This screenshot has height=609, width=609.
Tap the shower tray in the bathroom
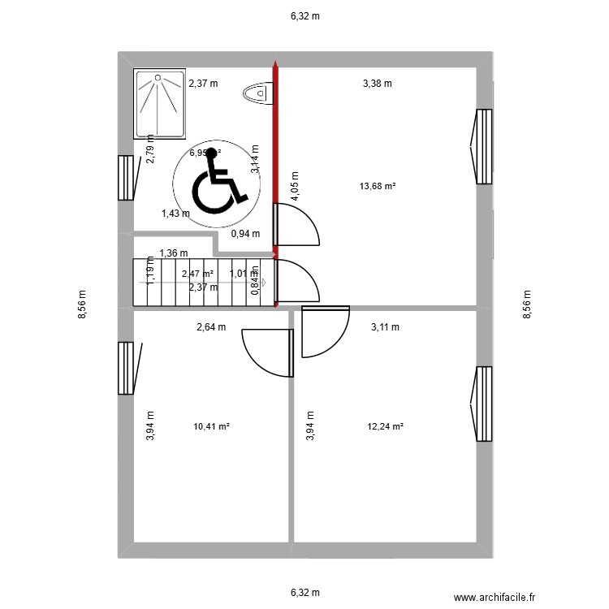pyautogui.click(x=158, y=103)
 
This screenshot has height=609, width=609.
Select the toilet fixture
pyautogui.click(x=256, y=94)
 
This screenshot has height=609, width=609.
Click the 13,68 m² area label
pyautogui.click(x=377, y=186)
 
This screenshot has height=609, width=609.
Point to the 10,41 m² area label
pyautogui.click(x=212, y=425)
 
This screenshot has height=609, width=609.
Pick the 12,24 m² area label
pyautogui.click(x=386, y=425)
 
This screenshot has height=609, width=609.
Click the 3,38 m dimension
pyautogui.click(x=377, y=83)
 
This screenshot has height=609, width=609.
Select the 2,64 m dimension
pyautogui.click(x=211, y=327)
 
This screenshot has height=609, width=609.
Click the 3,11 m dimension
pyautogui.click(x=385, y=327)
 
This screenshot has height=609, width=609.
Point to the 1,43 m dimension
pyautogui.click(x=175, y=214)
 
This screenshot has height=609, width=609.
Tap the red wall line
pyautogui.click(x=276, y=162)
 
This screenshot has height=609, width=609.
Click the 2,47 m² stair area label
pyautogui.click(x=197, y=274)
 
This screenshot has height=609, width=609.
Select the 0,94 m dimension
pyautogui.click(x=245, y=234)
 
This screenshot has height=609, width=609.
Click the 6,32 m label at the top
pyautogui.click(x=304, y=15)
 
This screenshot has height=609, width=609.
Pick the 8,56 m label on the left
pyautogui.click(x=82, y=304)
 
